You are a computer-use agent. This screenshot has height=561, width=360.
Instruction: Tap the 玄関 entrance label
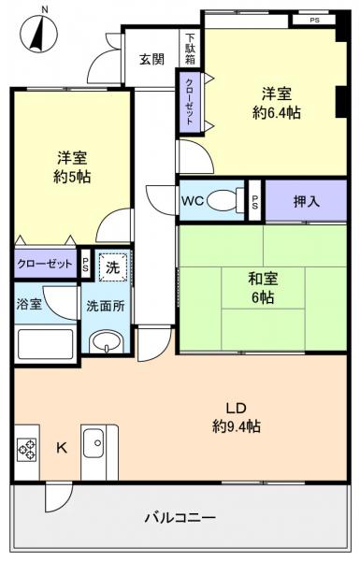click(151, 60)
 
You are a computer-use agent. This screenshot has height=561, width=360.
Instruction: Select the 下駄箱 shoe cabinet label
click(190, 49)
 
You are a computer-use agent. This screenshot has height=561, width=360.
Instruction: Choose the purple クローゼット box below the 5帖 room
click(45, 265)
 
